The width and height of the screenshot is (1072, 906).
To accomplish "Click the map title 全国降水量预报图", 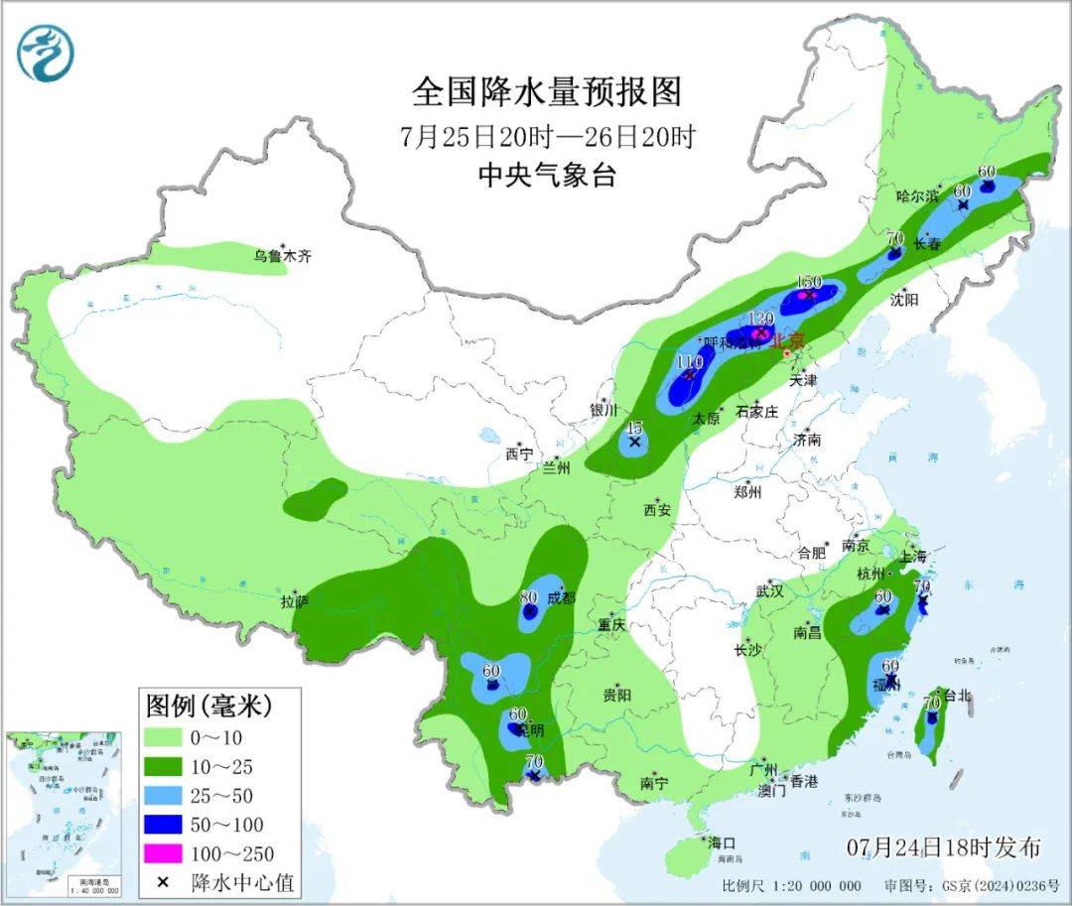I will [x=547, y=92].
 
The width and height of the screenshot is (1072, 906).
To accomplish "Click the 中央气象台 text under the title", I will [x=547, y=176].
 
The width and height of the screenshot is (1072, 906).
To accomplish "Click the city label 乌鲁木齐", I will [x=281, y=256].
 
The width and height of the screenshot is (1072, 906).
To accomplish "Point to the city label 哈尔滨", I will [x=916, y=196].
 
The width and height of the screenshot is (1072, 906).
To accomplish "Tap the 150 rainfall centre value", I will [x=810, y=280].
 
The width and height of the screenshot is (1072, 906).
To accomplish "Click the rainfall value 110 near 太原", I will [x=689, y=362].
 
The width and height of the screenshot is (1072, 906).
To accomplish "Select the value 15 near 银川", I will [x=636, y=427].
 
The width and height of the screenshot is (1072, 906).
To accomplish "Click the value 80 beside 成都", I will [x=528, y=596].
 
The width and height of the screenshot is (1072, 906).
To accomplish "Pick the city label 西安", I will [x=657, y=510].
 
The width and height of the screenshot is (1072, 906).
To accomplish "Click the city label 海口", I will [x=722, y=842].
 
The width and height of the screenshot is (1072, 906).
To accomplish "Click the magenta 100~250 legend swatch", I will [x=167, y=853].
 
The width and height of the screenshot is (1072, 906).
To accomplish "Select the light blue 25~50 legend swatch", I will [x=167, y=795].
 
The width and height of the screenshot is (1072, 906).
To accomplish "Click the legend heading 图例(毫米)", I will [x=208, y=707].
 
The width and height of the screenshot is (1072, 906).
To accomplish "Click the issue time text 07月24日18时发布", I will [x=944, y=847].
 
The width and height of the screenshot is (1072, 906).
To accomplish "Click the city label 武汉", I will [x=769, y=590].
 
